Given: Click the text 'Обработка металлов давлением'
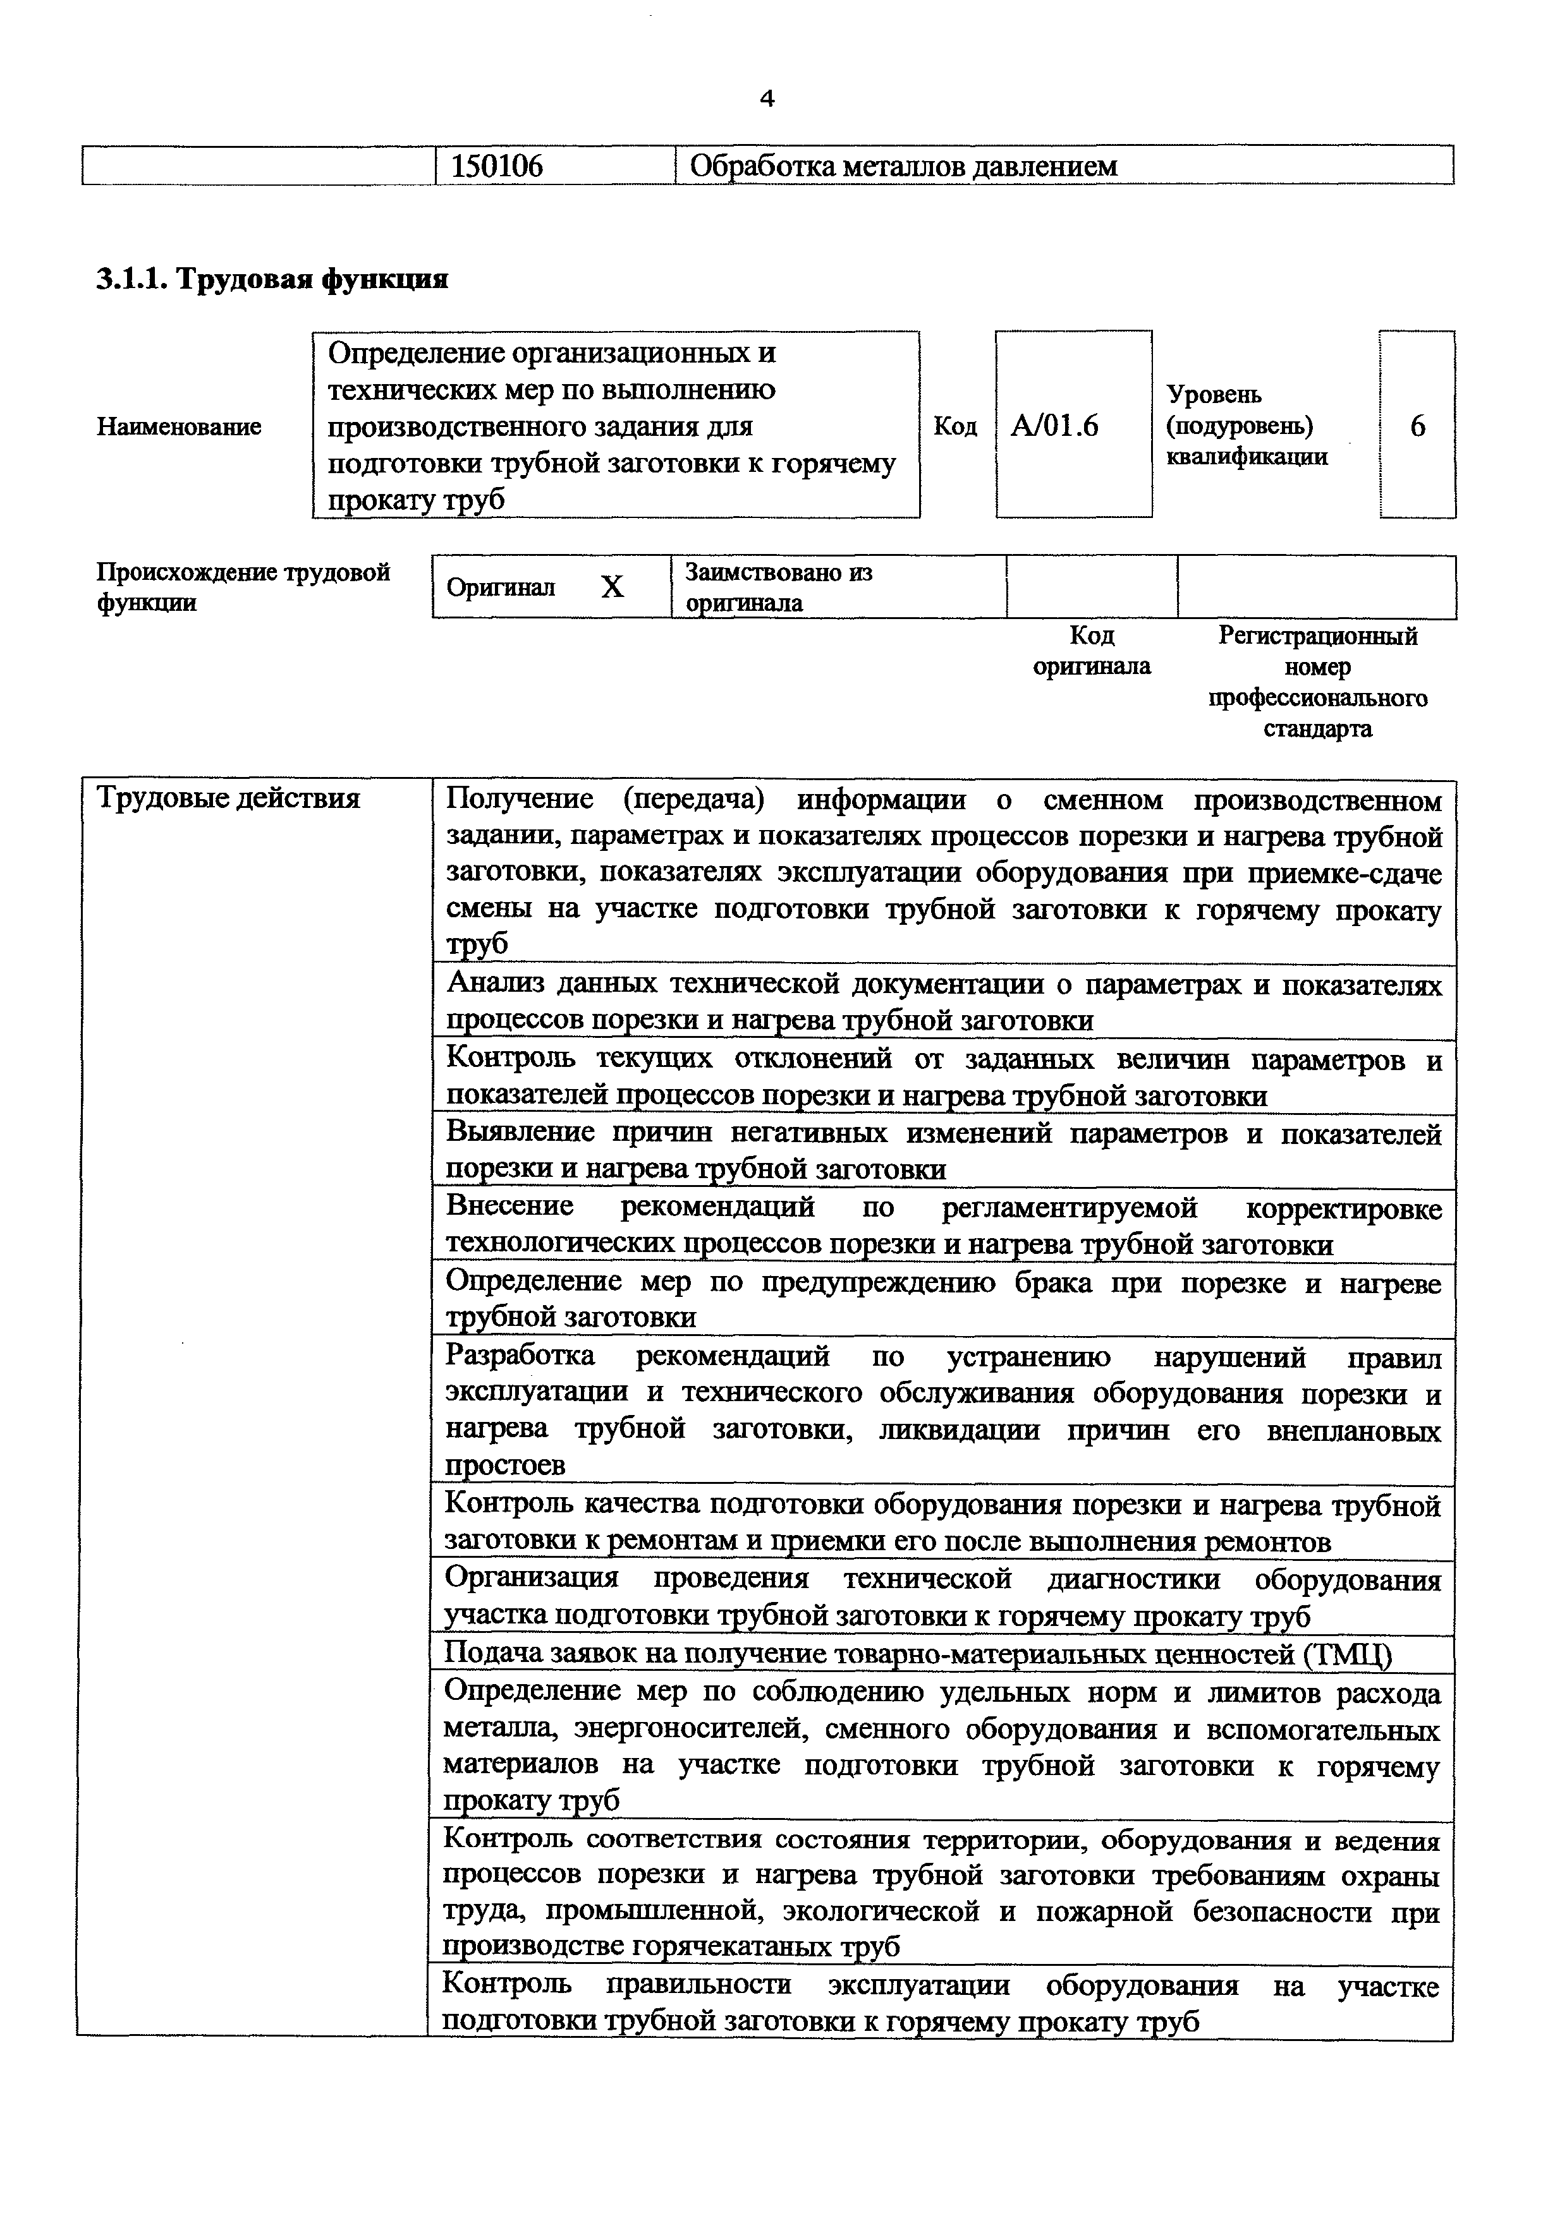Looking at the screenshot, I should click(x=903, y=166).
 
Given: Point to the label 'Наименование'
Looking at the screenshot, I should click(x=179, y=426).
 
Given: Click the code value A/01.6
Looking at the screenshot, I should click(x=1054, y=426).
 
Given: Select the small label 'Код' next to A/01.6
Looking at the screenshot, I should click(x=955, y=426).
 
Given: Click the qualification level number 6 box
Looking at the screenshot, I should click(x=1417, y=426).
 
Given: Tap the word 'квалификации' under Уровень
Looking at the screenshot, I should click(x=1247, y=457).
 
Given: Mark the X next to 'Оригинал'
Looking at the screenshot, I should click(x=612, y=587).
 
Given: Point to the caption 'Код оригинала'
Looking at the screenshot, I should click(x=1091, y=651).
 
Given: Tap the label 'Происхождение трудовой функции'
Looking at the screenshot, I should click(x=242, y=587).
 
